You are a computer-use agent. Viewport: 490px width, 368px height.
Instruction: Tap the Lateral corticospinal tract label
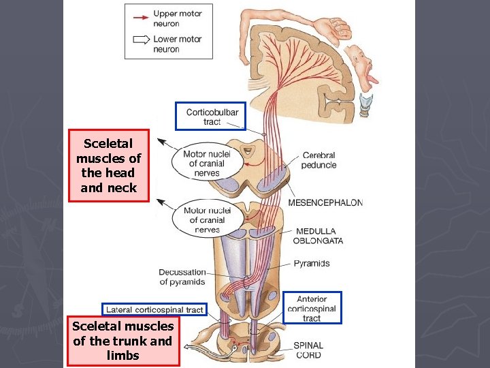(154, 309)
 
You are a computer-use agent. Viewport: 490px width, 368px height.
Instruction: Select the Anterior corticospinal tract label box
(312, 308)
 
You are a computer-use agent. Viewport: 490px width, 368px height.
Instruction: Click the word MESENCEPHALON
(325, 202)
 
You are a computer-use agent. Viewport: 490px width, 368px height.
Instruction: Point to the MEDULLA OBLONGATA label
(318, 236)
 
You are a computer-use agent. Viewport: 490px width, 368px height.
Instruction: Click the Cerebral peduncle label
(318, 160)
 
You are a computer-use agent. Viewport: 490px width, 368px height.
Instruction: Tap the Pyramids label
(312, 263)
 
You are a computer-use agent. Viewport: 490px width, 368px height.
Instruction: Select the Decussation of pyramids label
(182, 277)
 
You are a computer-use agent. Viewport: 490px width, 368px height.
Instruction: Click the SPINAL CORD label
(308, 350)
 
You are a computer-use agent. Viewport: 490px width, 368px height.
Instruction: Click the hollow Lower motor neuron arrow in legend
(140, 40)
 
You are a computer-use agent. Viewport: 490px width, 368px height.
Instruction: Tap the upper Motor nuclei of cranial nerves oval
(206, 164)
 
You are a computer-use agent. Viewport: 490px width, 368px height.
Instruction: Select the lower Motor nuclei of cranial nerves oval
(207, 219)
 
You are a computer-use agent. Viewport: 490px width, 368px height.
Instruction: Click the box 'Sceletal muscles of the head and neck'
(109, 166)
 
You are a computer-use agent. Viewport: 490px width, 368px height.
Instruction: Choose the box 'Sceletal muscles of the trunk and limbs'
(123, 341)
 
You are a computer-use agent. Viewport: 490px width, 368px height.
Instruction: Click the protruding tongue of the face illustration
(372, 80)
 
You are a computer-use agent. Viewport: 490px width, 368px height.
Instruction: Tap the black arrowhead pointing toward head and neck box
(161, 141)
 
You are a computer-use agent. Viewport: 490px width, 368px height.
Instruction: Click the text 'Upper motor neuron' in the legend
(176, 18)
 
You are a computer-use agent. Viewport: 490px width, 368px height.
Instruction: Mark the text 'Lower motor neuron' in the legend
(176, 44)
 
